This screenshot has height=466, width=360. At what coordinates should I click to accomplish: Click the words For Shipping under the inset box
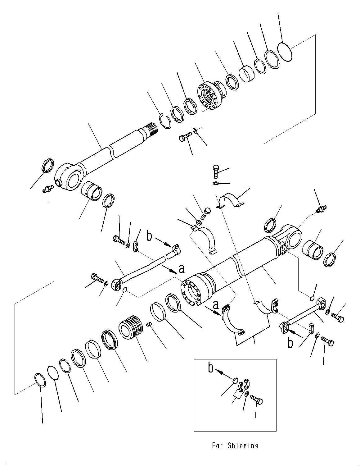235,445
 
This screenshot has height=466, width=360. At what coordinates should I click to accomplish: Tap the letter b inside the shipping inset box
211,368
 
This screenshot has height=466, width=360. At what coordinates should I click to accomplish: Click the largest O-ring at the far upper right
284,52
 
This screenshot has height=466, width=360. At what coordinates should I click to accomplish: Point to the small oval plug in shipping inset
235,380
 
